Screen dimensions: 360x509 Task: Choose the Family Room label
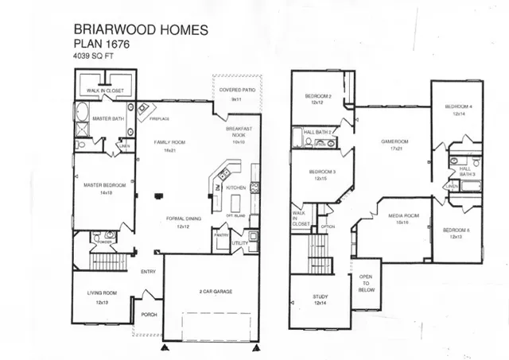pos(169,141)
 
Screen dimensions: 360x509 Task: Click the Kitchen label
pos(235,188)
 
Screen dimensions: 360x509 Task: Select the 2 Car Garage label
pos(212,292)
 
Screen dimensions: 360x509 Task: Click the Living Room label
pos(103,293)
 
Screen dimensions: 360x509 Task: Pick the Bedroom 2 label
pos(319,97)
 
